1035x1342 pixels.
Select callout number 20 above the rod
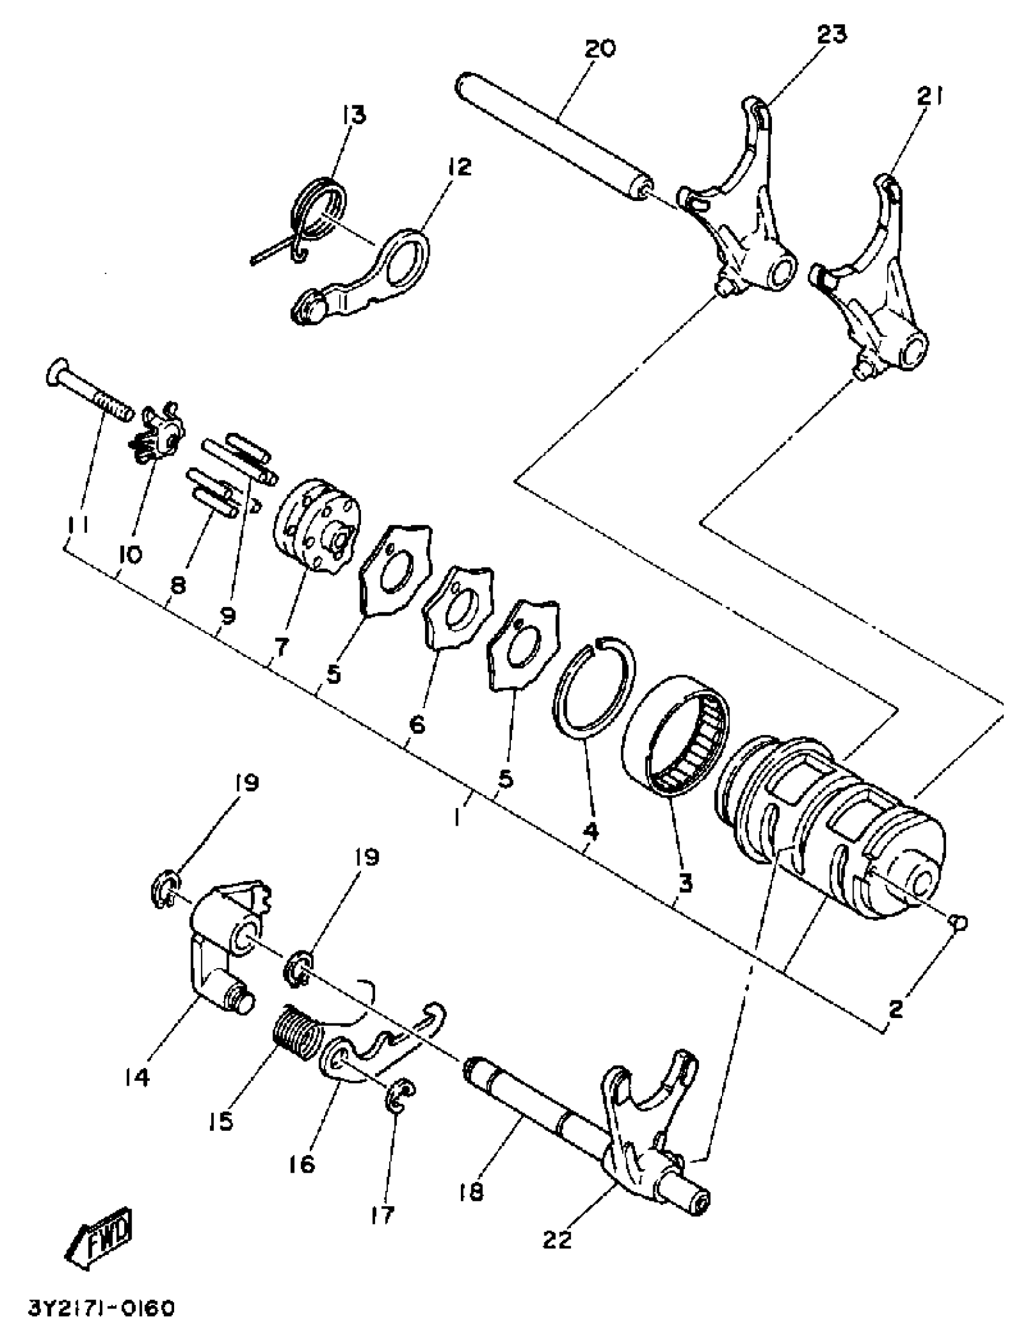pos(600,48)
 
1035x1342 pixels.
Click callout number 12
pos(460,166)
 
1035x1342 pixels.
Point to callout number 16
pos(301,1163)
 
